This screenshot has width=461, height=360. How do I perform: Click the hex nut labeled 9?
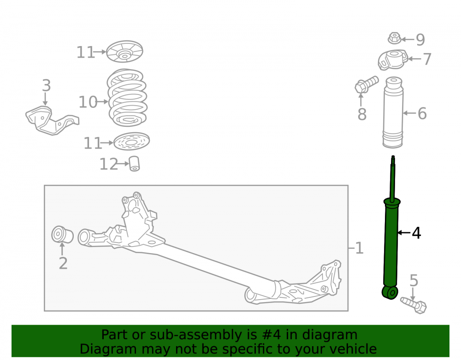pyautogui.click(x=394, y=38)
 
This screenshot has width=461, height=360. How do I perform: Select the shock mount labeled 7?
pyautogui.click(x=393, y=60)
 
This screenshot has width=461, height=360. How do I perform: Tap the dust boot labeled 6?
pyautogui.click(x=393, y=112)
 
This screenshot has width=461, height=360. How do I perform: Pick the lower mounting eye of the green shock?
pyautogui.click(x=390, y=292)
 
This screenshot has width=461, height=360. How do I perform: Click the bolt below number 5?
pyautogui.click(x=414, y=305)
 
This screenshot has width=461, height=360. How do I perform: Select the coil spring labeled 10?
pyautogui.click(x=127, y=98)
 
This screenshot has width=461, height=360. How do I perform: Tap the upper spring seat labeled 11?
pyautogui.click(x=124, y=52)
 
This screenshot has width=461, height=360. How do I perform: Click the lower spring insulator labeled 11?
pyautogui.click(x=131, y=142)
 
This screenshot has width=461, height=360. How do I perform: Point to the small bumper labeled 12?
pyautogui.click(x=134, y=164)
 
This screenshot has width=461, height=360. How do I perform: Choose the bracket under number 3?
pyautogui.click(x=52, y=120)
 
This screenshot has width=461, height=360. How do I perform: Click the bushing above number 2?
pyautogui.click(x=62, y=235)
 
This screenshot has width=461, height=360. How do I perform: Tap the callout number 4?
pyautogui.click(x=416, y=233)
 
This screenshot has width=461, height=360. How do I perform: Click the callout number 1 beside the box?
pyautogui.click(x=359, y=248)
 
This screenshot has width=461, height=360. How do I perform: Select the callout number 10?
pyautogui.click(x=88, y=102)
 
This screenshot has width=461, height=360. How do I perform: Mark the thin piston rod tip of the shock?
pyautogui.click(x=393, y=157)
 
